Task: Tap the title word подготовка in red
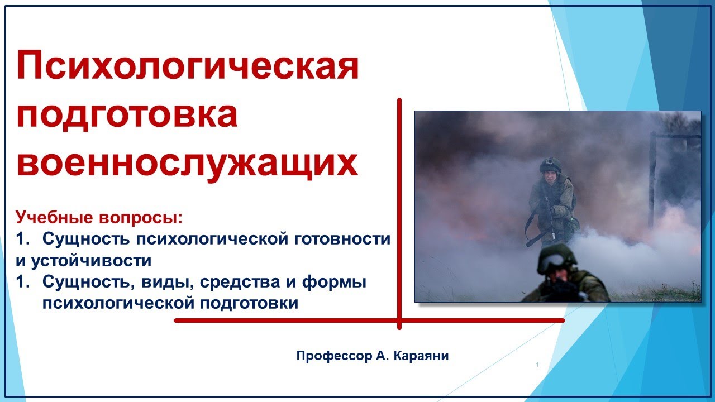(127, 115)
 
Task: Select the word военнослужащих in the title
(187, 164)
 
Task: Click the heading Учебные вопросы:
(99, 217)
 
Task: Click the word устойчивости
(91, 260)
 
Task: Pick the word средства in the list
(240, 282)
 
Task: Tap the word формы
(334, 282)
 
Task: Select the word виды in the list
(168, 282)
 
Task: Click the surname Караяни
(421, 356)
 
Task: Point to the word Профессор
(334, 356)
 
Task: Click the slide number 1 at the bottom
(537, 365)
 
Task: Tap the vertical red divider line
(399, 214)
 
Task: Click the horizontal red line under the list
(369, 320)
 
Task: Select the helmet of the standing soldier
(550, 164)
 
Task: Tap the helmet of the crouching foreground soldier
(557, 258)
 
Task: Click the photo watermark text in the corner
(668, 300)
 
